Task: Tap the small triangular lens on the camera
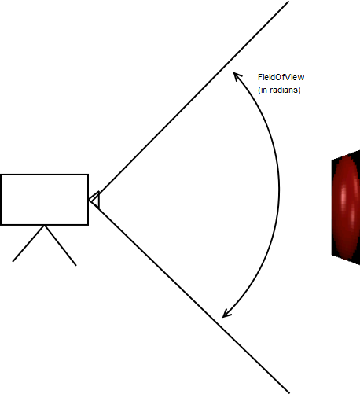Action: tap(95, 200)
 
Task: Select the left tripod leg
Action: tap(28, 243)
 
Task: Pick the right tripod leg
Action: tap(61, 245)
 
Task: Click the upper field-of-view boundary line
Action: tap(189, 101)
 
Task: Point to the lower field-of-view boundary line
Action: tap(189, 296)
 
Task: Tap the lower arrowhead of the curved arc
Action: tap(226, 314)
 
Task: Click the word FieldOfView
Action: tap(281, 77)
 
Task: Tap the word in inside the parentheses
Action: tap(264, 90)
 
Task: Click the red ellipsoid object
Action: tap(346, 207)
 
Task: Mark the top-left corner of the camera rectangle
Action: tap(1, 175)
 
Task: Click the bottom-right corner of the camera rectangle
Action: tap(88, 225)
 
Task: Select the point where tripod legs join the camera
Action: tap(45, 225)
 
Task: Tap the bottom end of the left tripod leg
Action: tap(13, 262)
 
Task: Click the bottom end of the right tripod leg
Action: tap(76, 266)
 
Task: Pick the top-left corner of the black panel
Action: tap(332, 160)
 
